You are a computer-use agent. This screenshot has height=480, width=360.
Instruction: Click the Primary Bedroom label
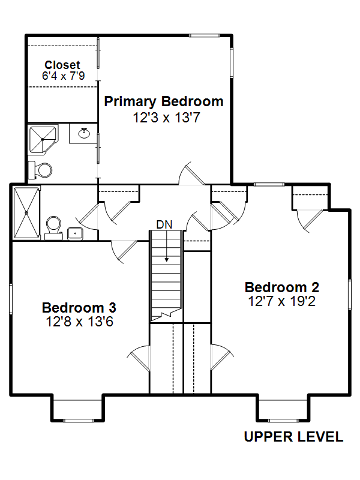[x=164, y=102]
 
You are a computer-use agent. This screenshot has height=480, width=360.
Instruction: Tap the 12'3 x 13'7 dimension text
[x=167, y=118]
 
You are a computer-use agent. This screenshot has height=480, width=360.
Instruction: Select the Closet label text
[x=62, y=65]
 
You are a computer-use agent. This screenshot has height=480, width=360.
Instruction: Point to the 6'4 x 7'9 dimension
[x=64, y=76]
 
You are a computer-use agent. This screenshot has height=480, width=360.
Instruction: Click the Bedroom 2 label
[x=282, y=287]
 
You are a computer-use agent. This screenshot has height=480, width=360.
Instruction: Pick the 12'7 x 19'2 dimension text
[x=281, y=301]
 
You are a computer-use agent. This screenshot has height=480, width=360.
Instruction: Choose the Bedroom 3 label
[x=79, y=308]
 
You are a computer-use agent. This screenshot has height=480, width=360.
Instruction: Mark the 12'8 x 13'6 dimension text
[x=80, y=322]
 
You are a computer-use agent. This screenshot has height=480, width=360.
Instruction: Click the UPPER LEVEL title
[x=293, y=437]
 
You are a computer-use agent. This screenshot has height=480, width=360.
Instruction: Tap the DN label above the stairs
[x=164, y=224]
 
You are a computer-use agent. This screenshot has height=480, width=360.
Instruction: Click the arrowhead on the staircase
[x=167, y=260]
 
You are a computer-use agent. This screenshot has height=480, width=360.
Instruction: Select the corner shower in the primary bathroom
[x=43, y=139]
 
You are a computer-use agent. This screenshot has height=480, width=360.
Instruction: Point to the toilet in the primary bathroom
[x=40, y=170]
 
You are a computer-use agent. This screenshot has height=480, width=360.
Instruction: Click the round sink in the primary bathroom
[x=84, y=133]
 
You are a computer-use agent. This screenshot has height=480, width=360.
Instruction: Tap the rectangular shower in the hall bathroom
[x=26, y=213]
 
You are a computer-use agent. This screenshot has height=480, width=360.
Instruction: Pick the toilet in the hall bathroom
[x=53, y=228]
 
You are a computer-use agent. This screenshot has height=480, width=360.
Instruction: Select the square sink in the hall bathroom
[x=75, y=234]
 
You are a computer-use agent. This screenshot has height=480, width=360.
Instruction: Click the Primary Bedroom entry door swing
[x=191, y=173]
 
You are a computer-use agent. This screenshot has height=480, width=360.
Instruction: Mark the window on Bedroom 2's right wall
[x=350, y=294]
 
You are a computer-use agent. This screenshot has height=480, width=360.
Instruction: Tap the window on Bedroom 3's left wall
[x=11, y=299]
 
